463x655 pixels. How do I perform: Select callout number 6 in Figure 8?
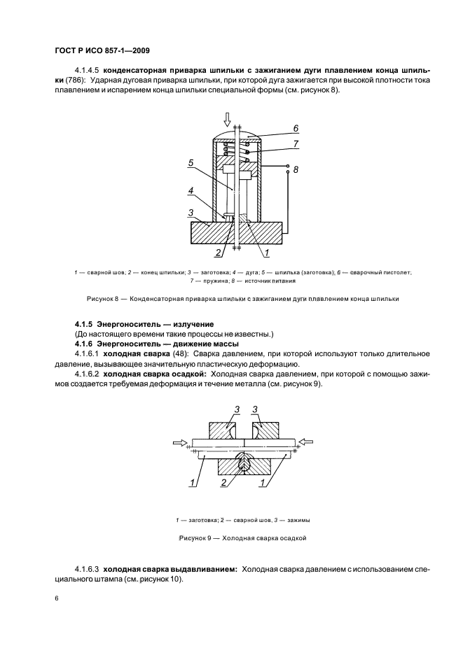pos(296,128)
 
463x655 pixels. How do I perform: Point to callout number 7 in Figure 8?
pos(296,143)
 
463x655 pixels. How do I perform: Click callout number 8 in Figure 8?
pos(296,169)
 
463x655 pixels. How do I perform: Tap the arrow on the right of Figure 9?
pos(306,442)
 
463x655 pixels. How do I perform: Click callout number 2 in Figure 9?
pos(223,481)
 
